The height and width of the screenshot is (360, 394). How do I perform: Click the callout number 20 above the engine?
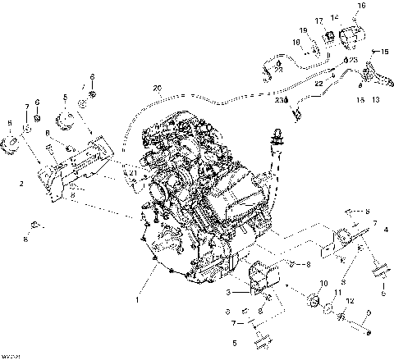157,88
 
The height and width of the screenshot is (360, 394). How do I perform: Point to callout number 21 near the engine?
132,173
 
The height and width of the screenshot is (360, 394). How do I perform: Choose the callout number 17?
318,21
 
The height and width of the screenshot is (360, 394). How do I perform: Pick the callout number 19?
303,31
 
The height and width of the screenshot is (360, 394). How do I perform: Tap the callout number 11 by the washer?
338,292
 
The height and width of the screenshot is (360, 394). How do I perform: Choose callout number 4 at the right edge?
386,231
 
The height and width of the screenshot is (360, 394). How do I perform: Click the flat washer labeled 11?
331,310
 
